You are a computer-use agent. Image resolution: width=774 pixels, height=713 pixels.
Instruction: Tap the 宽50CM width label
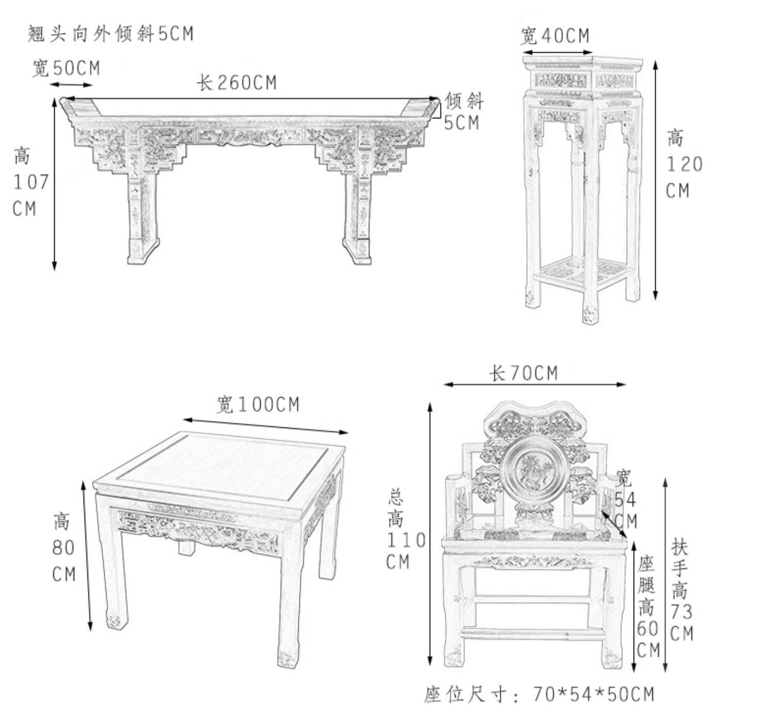click(x=66, y=68)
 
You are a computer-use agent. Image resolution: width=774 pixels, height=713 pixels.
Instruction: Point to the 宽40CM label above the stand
click(x=554, y=36)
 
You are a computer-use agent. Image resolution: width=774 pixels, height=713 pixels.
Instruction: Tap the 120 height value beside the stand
click(x=684, y=165)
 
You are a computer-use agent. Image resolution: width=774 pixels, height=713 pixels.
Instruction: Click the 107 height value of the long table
click(x=30, y=182)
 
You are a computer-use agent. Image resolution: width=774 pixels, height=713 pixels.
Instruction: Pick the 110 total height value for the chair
click(x=406, y=541)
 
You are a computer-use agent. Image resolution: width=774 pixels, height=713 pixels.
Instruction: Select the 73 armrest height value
click(x=681, y=612)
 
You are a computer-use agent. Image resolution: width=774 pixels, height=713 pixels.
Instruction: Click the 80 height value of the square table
click(x=63, y=548)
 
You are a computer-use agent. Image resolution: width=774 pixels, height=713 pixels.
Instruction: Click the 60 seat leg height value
click(x=648, y=628)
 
